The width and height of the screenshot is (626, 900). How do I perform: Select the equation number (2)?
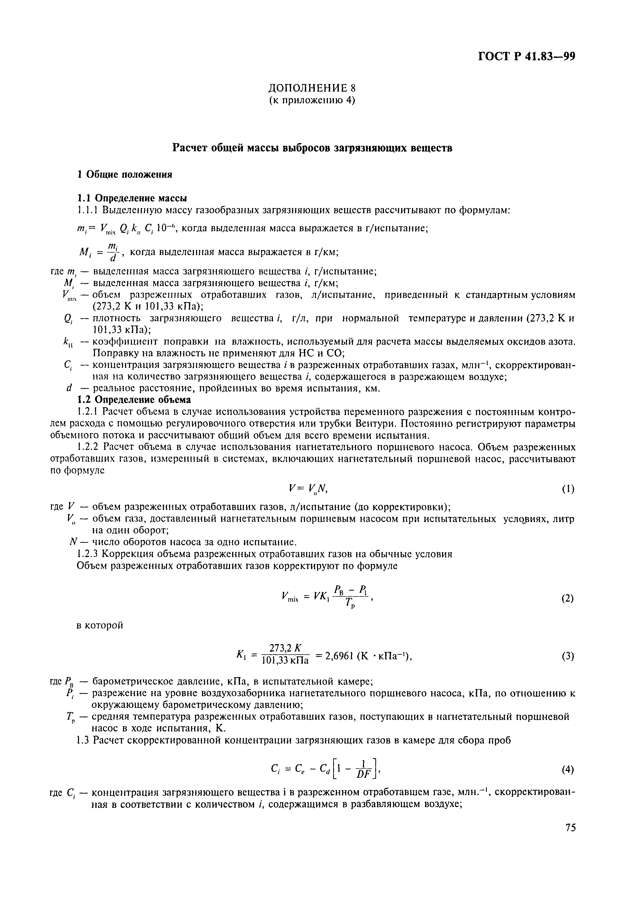[568, 599]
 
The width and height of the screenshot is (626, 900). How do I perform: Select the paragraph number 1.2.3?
[88, 554]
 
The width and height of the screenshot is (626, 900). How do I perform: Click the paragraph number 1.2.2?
[88, 447]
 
